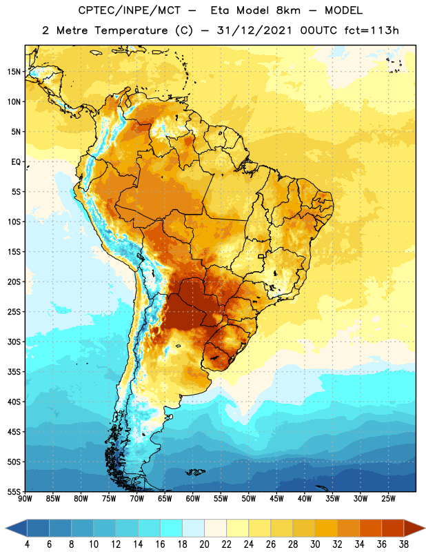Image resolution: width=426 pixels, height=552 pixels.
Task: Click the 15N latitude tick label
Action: pos(14,72)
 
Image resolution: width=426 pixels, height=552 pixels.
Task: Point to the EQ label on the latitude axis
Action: pos(16,162)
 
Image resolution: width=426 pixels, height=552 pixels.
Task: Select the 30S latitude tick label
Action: pos(14,342)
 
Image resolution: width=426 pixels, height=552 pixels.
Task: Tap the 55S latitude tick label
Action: pos(14,491)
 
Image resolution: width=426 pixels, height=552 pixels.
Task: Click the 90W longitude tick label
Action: pos(25,499)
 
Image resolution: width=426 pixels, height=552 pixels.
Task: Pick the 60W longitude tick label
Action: pos(193,499)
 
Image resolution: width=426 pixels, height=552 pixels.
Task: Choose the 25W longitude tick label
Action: pos(388,499)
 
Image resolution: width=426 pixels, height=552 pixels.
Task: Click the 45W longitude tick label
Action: pos(276,499)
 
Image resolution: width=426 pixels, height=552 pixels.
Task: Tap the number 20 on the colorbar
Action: pos(204,544)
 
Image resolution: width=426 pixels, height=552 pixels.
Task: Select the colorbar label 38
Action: pos(404,544)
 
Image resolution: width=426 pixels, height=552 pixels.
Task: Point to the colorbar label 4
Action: pos(27,544)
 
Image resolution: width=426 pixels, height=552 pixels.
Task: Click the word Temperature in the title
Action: pos(131,30)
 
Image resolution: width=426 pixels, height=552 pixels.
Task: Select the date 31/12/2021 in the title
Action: pos(254,30)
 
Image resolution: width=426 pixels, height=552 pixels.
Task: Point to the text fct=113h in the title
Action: pos(372,30)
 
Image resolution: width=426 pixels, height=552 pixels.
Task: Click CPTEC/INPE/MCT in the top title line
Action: pos(129,10)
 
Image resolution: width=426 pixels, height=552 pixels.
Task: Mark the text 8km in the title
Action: pos(288,10)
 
